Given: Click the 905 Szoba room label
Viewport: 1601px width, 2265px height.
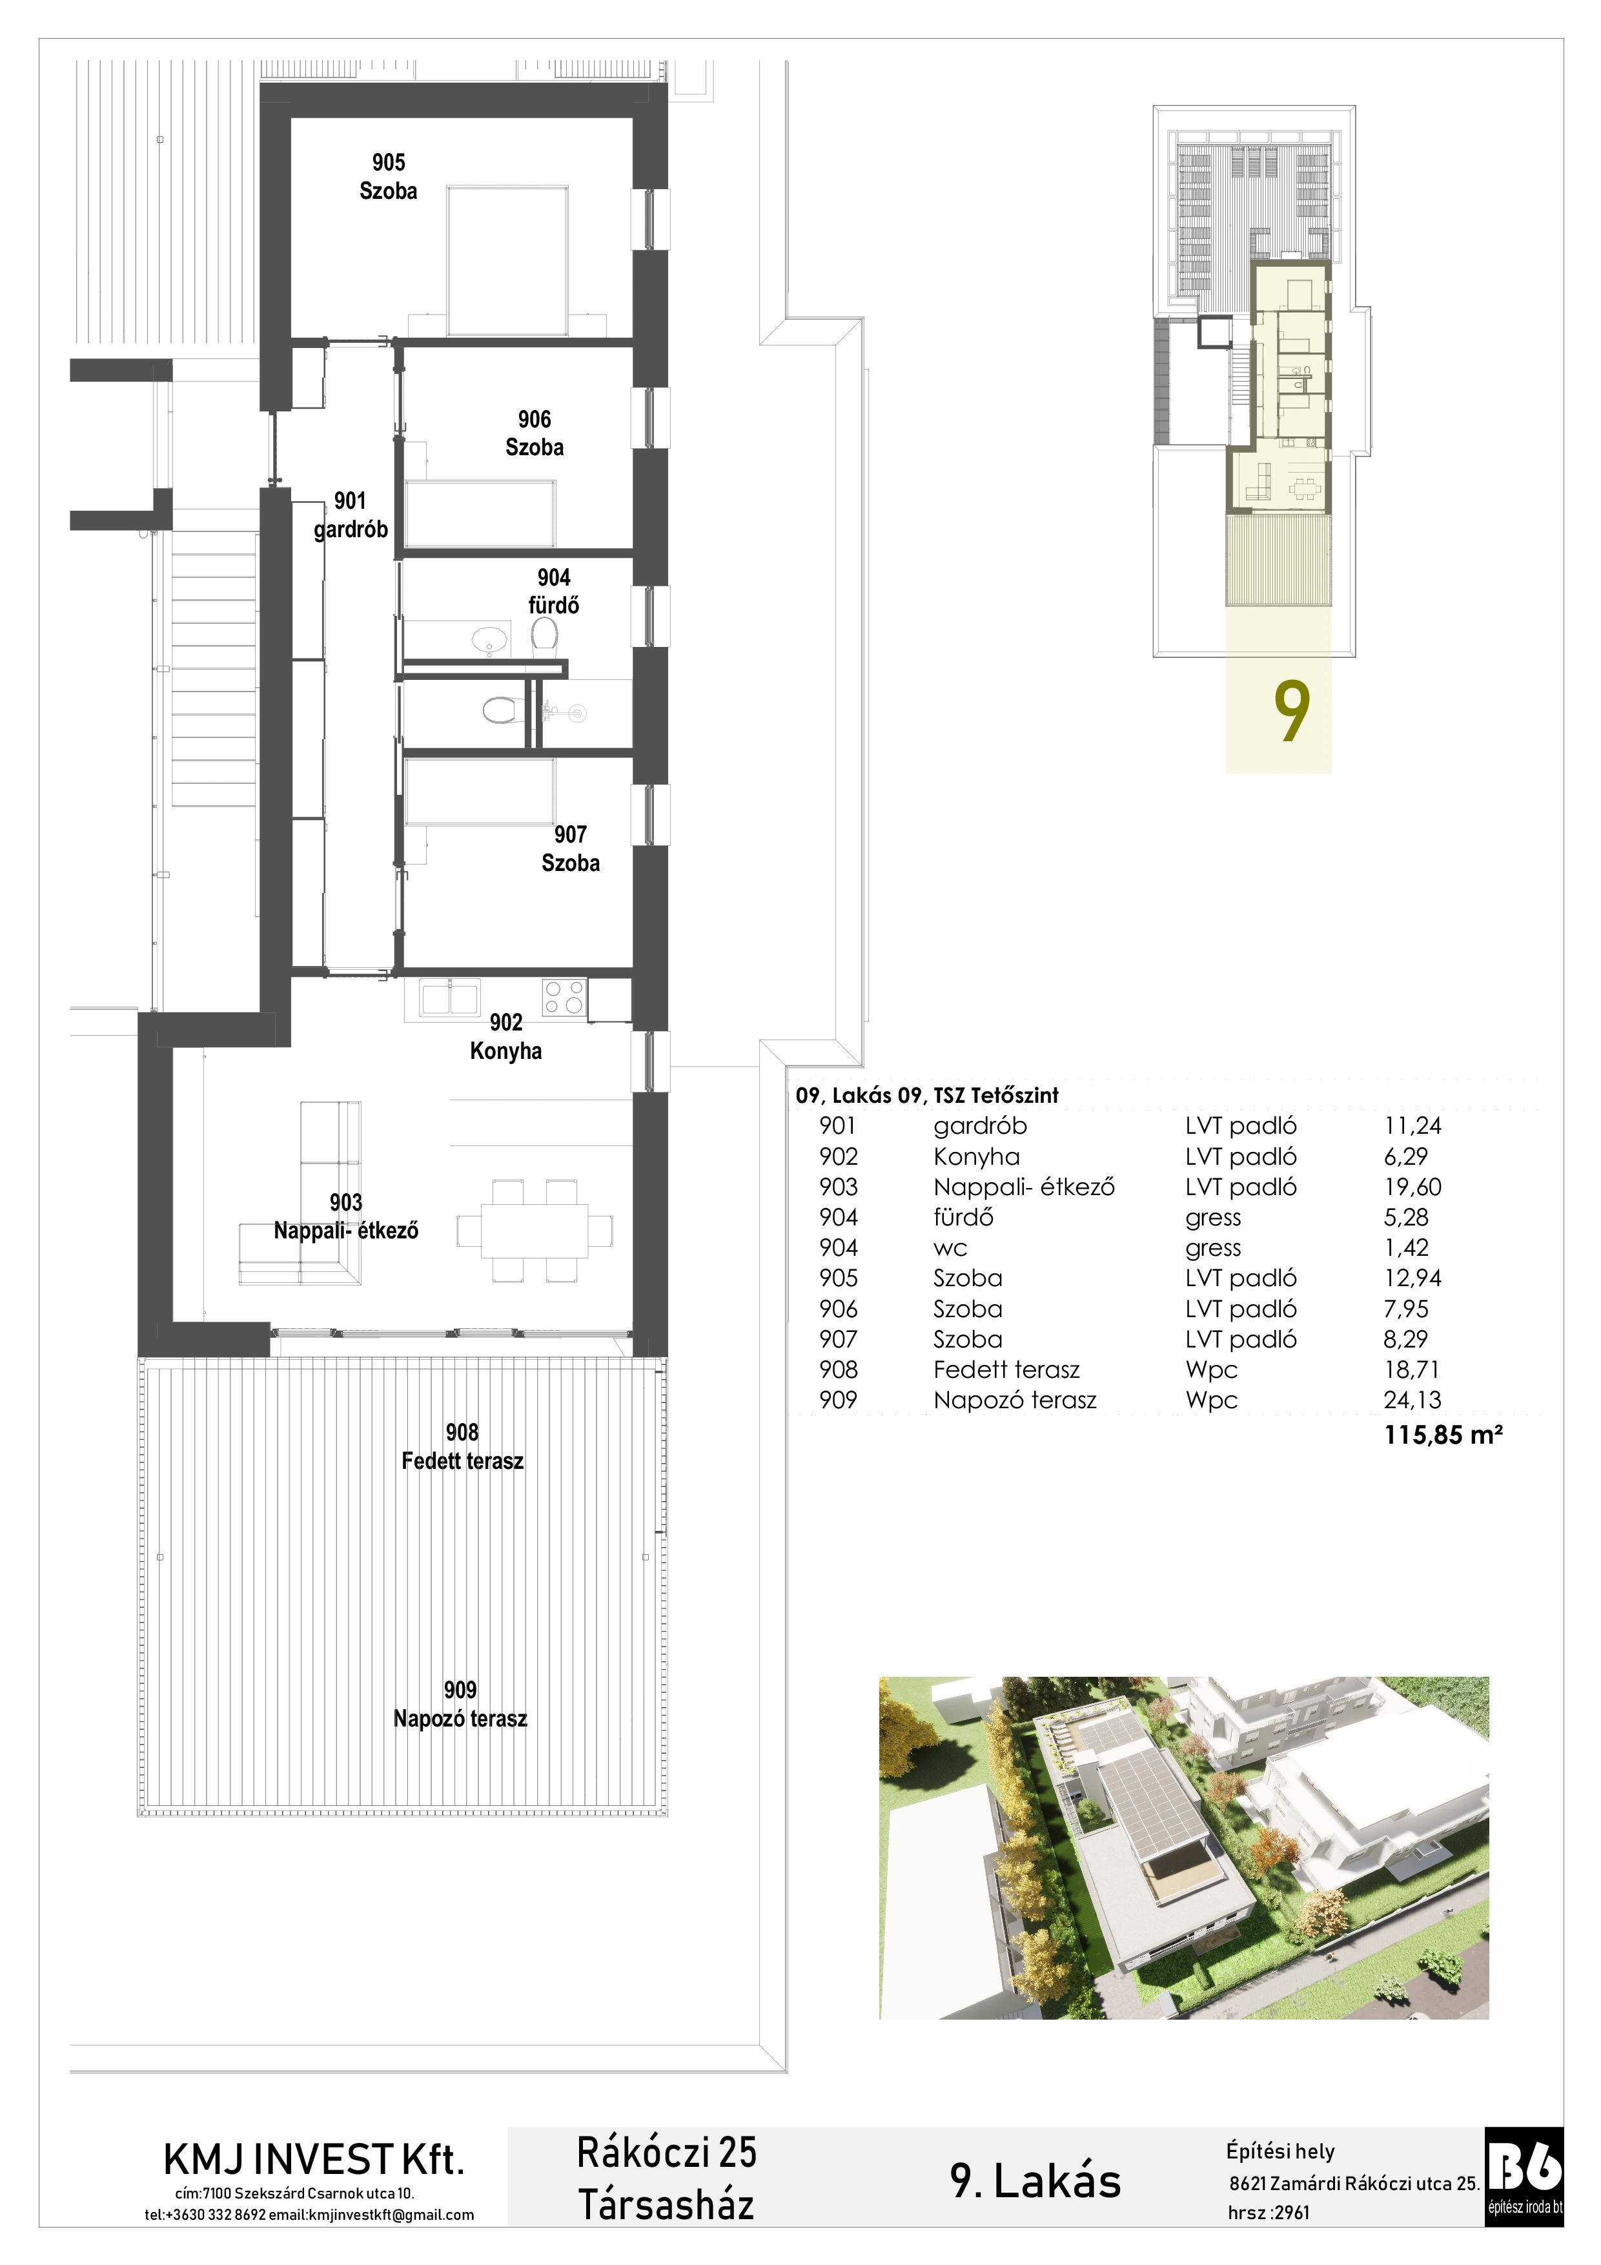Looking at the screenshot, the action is [388, 176].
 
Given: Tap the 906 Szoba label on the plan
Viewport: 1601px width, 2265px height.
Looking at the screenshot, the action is [535, 433].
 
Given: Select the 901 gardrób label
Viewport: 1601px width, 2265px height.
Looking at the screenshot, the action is [350, 515].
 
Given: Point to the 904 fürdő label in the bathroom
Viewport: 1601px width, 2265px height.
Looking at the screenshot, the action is [553, 591].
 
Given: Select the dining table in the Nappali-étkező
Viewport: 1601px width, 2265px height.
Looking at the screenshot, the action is [534, 1231].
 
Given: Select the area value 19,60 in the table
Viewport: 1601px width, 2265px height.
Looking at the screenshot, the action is [1412, 1187].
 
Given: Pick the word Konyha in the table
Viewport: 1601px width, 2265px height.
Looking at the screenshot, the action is [977, 1157].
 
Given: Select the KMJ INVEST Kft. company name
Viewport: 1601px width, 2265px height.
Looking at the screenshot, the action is [314, 2160].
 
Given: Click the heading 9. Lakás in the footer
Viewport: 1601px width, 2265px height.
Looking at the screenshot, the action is [1035, 2180].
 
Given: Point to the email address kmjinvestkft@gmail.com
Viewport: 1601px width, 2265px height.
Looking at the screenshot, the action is [392, 2215].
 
